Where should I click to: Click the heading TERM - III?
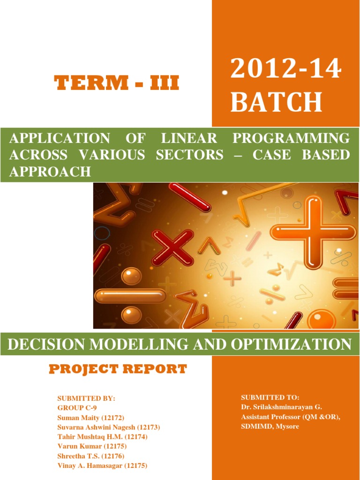117,83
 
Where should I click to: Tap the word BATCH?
277,102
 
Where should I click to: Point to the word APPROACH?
50,172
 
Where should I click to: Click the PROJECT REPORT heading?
118,369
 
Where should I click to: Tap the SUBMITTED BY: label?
86,398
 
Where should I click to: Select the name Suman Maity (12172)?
91,417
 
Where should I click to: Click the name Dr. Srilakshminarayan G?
281,407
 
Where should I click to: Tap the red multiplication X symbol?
172,247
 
